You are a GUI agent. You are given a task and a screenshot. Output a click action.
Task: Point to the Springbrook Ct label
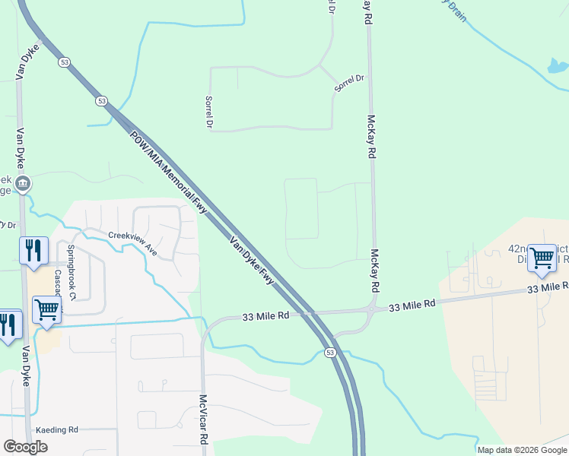(x=70, y=260)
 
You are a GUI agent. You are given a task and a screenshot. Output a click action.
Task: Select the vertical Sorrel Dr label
(x=208, y=111)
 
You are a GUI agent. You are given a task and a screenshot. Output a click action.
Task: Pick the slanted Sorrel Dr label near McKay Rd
(x=350, y=84)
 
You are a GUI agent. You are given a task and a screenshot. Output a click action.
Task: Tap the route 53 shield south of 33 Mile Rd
(x=329, y=353)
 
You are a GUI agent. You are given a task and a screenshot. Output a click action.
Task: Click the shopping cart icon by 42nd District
(x=542, y=258)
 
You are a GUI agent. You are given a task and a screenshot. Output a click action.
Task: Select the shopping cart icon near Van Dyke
(x=46, y=310)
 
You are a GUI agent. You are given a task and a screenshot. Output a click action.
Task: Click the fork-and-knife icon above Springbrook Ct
(x=33, y=250)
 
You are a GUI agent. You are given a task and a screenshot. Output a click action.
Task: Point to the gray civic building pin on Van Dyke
(x=24, y=183)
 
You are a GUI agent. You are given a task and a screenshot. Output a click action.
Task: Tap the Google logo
(x=25, y=447)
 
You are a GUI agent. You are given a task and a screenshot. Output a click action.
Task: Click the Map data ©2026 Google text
(x=521, y=450)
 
